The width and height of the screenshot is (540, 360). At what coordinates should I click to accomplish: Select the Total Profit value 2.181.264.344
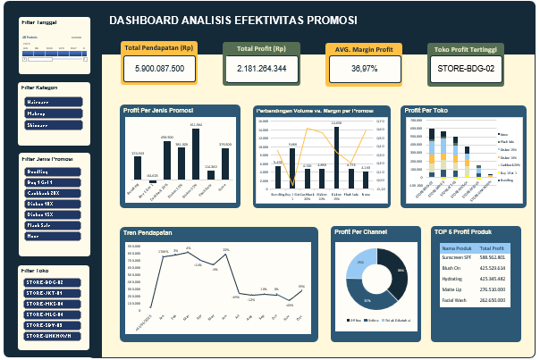(262, 68)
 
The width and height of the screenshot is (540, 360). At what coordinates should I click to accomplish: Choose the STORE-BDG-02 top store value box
(466, 68)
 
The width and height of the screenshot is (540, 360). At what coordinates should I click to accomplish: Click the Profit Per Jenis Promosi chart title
(160, 111)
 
